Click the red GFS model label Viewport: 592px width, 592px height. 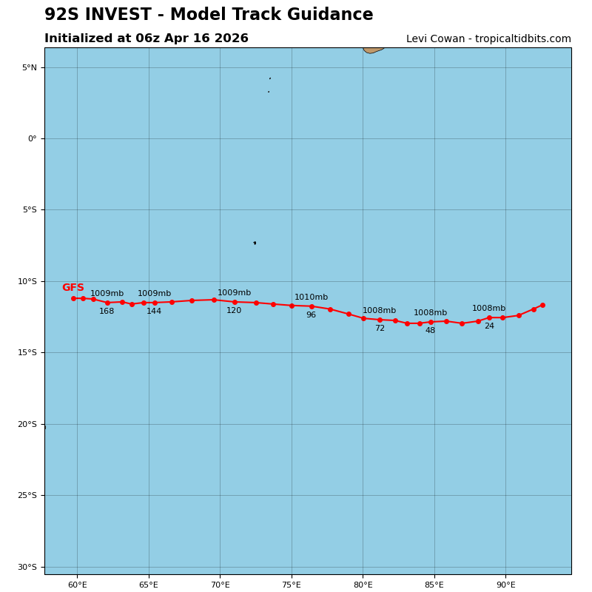(73, 288)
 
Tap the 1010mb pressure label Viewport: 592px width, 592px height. (311, 297)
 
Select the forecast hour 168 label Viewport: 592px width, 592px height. (107, 312)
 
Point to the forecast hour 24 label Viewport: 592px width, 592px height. (489, 326)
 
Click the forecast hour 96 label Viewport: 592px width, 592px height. (311, 315)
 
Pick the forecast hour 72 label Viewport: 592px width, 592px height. (380, 329)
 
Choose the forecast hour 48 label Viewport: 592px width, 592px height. (430, 331)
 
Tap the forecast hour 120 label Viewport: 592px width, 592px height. (234, 311)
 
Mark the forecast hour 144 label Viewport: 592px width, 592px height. (154, 312)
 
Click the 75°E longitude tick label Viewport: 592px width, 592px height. (292, 585)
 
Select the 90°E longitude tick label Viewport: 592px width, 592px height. (505, 585)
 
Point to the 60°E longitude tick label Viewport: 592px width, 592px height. (77, 585)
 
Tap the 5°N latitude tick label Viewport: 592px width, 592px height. (30, 67)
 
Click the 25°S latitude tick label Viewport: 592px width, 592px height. (27, 496)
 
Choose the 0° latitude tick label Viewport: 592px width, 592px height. (33, 139)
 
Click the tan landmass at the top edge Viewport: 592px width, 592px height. (372, 50)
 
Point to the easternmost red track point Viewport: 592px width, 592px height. (542, 305)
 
